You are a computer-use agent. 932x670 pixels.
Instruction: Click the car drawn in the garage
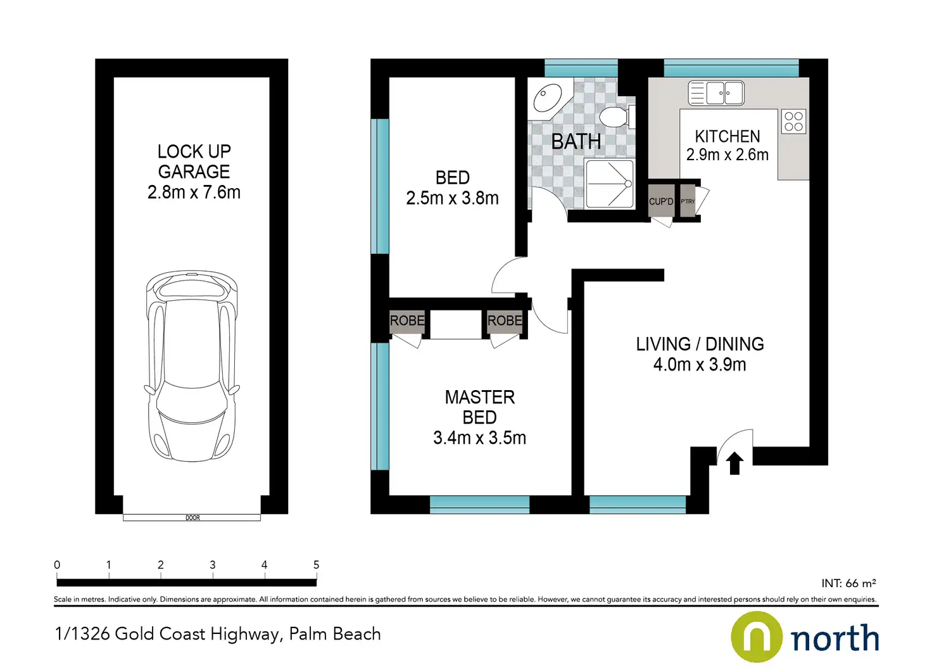192,367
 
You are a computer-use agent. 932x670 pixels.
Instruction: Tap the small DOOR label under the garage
192,517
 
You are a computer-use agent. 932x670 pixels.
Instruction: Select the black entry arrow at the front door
734,463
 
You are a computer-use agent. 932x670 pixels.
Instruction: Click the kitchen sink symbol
716,93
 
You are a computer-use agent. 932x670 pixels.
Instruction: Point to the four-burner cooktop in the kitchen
793,122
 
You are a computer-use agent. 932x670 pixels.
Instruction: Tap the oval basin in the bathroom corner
548,98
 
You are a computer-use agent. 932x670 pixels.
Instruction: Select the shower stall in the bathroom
609,184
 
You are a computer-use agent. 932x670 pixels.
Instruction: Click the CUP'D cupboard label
661,202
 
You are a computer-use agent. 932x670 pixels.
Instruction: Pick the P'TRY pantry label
688,201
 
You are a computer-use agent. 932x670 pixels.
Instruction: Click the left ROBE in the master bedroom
407,320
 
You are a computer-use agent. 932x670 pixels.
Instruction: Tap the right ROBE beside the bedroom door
505,320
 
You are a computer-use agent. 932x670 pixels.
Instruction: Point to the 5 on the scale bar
316,565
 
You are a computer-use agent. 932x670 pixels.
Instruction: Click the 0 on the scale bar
57,565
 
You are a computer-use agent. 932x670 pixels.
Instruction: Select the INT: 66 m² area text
849,583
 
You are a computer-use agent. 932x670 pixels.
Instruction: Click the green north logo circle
757,636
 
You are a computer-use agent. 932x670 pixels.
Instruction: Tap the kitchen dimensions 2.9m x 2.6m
727,155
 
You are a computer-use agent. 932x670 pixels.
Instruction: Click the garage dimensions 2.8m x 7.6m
194,193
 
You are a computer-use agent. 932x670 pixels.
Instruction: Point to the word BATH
576,141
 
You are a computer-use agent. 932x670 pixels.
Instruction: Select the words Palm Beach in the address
335,634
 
